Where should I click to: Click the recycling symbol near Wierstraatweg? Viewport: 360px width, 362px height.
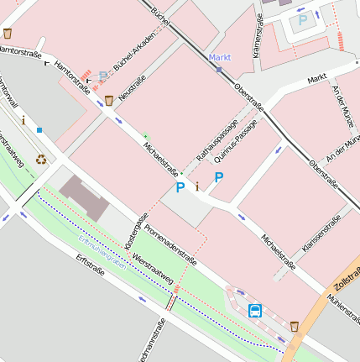click(x=41, y=159)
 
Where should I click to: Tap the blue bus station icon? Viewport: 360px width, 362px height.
click(x=255, y=310)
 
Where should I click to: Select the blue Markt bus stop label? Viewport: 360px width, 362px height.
click(x=219, y=57)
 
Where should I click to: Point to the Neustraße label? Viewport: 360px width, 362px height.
click(x=133, y=88)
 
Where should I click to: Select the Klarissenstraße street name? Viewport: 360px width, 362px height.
click(x=321, y=236)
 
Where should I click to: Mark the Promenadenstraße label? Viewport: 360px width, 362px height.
click(x=170, y=244)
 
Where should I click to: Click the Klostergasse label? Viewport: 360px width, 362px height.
click(x=131, y=230)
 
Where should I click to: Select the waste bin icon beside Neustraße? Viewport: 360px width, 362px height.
click(x=109, y=101)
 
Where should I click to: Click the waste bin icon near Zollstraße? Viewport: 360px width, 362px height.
click(x=295, y=325)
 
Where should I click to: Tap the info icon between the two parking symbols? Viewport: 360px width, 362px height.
click(x=197, y=186)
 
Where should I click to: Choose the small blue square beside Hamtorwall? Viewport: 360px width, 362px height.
click(x=39, y=130)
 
